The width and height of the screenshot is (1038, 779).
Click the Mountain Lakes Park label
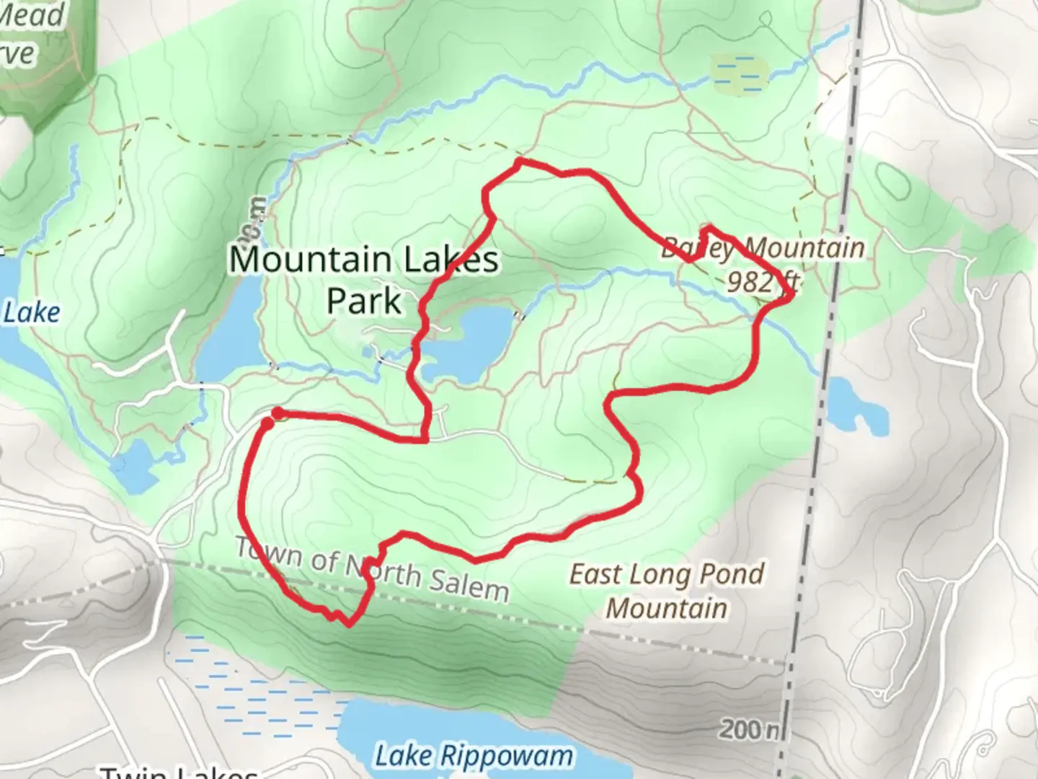[x=364, y=279]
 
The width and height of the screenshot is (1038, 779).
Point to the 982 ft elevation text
[x=760, y=281]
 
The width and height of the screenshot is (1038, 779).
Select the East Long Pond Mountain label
[x=667, y=591]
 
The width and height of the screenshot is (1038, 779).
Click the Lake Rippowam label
[x=474, y=756]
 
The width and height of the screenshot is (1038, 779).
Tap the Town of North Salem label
[x=372, y=570]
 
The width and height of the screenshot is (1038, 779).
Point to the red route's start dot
[x=278, y=413]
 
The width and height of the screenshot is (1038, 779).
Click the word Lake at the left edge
[x=32, y=313]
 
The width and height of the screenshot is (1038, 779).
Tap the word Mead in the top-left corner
[x=32, y=14]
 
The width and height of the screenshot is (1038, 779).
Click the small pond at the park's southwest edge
[x=134, y=465]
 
